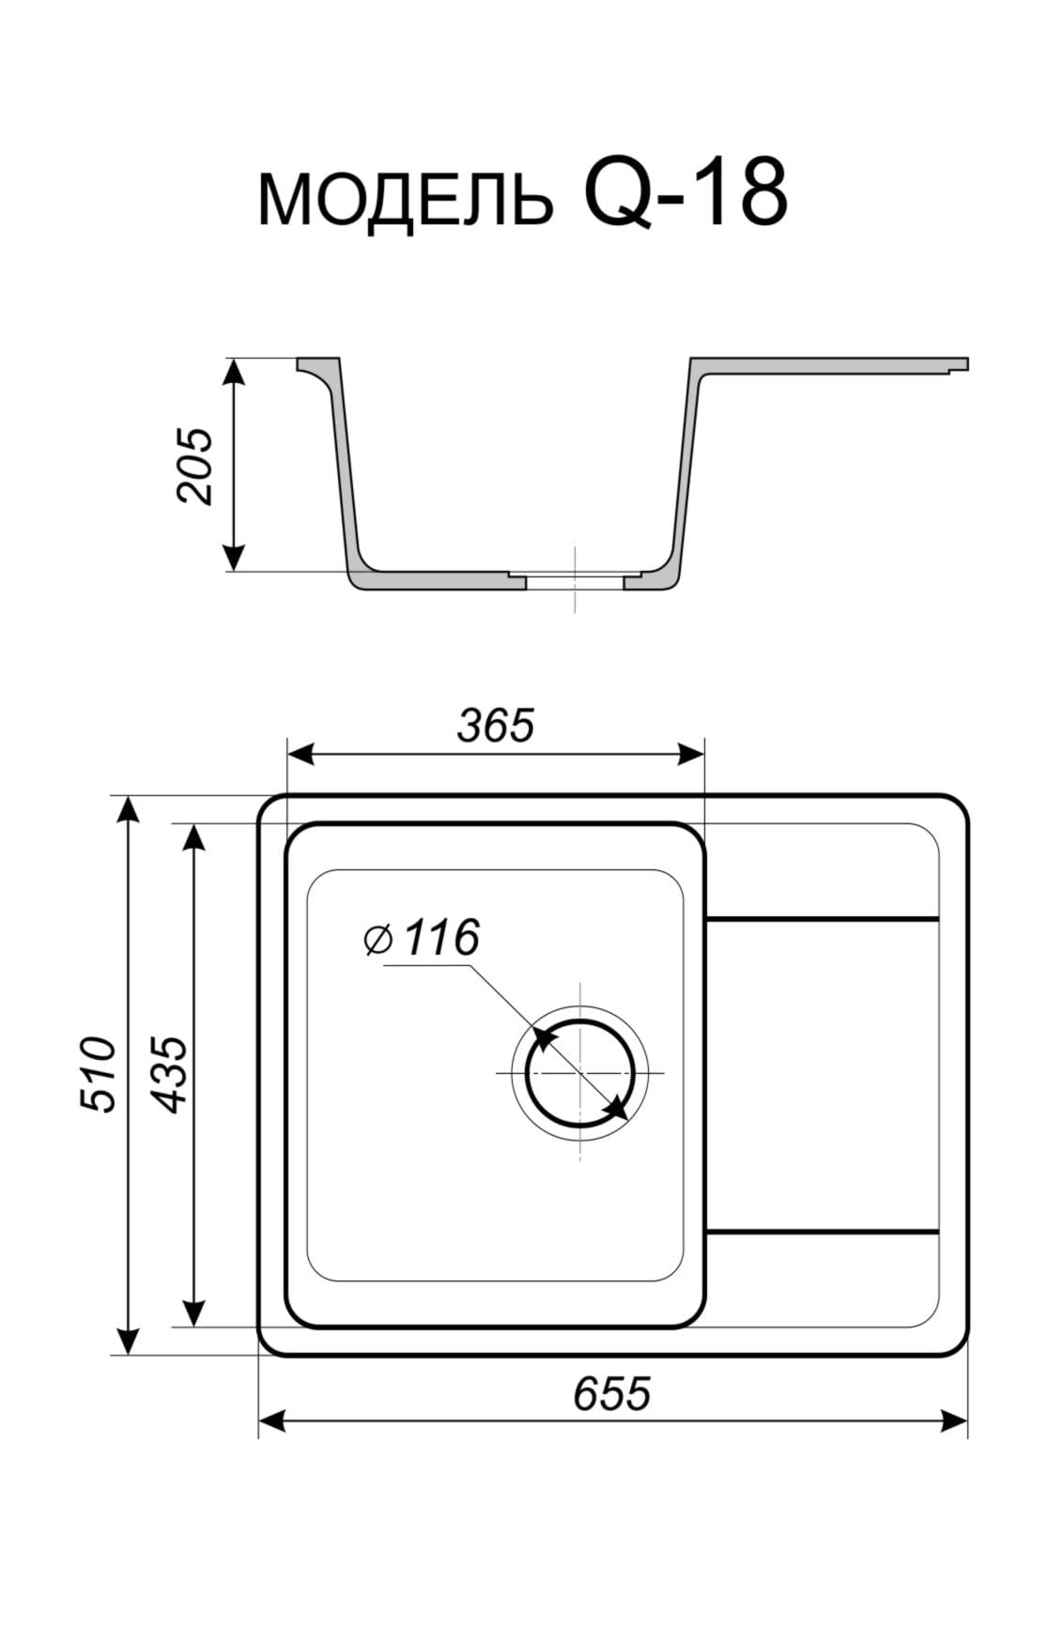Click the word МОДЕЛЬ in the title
pyautogui.click(x=405, y=199)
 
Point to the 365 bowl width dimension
pyautogui.click(x=496, y=725)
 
